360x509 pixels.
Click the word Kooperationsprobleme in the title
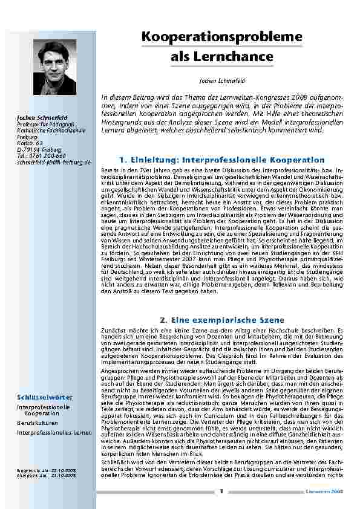(222, 37)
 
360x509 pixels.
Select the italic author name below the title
(222, 80)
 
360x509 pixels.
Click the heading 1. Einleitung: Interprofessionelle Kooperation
(222, 160)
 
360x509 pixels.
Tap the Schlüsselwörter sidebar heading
(45, 397)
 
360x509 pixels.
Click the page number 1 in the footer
(221, 491)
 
